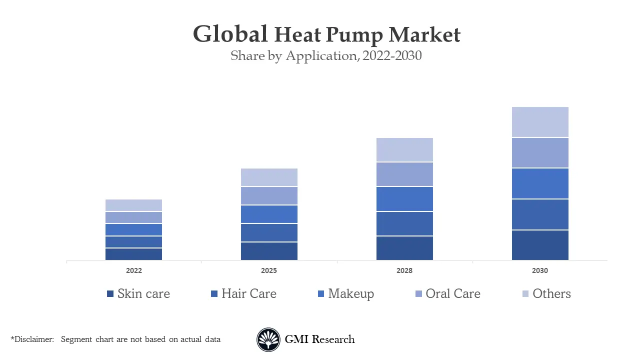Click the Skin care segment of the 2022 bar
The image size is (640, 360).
coord(133,254)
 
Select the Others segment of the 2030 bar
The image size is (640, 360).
coord(540,122)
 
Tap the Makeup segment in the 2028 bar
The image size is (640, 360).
coord(404,199)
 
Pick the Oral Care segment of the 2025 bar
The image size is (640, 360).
coord(269,195)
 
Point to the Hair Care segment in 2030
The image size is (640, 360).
coord(540,214)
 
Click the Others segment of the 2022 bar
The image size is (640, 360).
coord(133,205)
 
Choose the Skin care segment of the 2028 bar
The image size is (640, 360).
coord(404,248)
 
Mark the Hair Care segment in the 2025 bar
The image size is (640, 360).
coord(269,232)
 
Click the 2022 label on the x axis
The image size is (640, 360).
coord(133,270)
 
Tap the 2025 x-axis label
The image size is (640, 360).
coord(269,270)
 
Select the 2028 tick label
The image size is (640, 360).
coord(404,270)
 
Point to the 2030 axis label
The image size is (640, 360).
coord(540,270)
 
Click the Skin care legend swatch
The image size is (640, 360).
coord(110,294)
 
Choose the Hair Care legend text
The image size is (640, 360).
coord(248,293)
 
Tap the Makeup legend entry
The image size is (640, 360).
coord(350,293)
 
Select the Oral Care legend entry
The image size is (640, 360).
coord(452,293)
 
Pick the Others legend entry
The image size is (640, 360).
coord(551,293)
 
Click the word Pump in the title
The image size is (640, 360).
coord(354,35)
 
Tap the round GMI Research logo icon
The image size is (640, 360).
coord(268,339)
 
